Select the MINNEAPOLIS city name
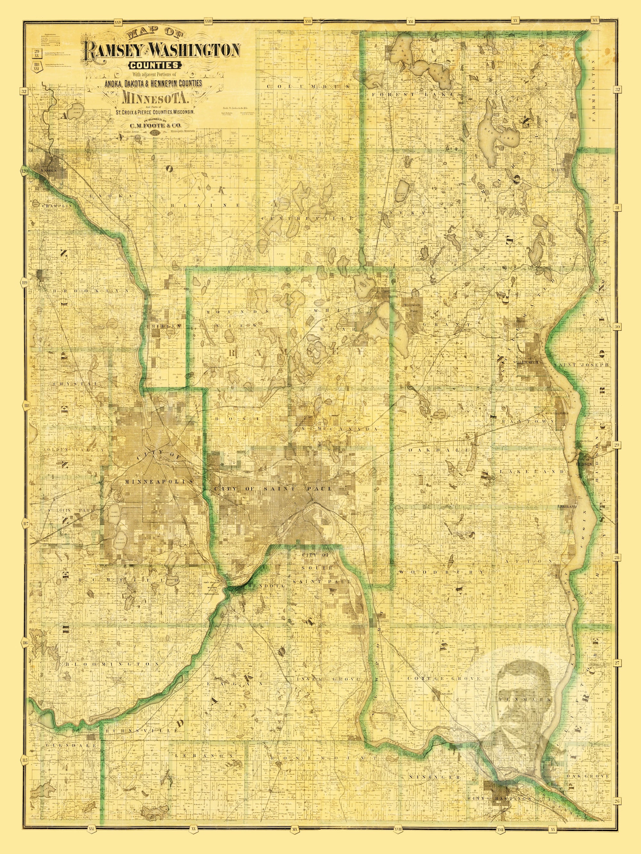coord(158,482)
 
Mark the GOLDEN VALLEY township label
coord(74,450)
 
